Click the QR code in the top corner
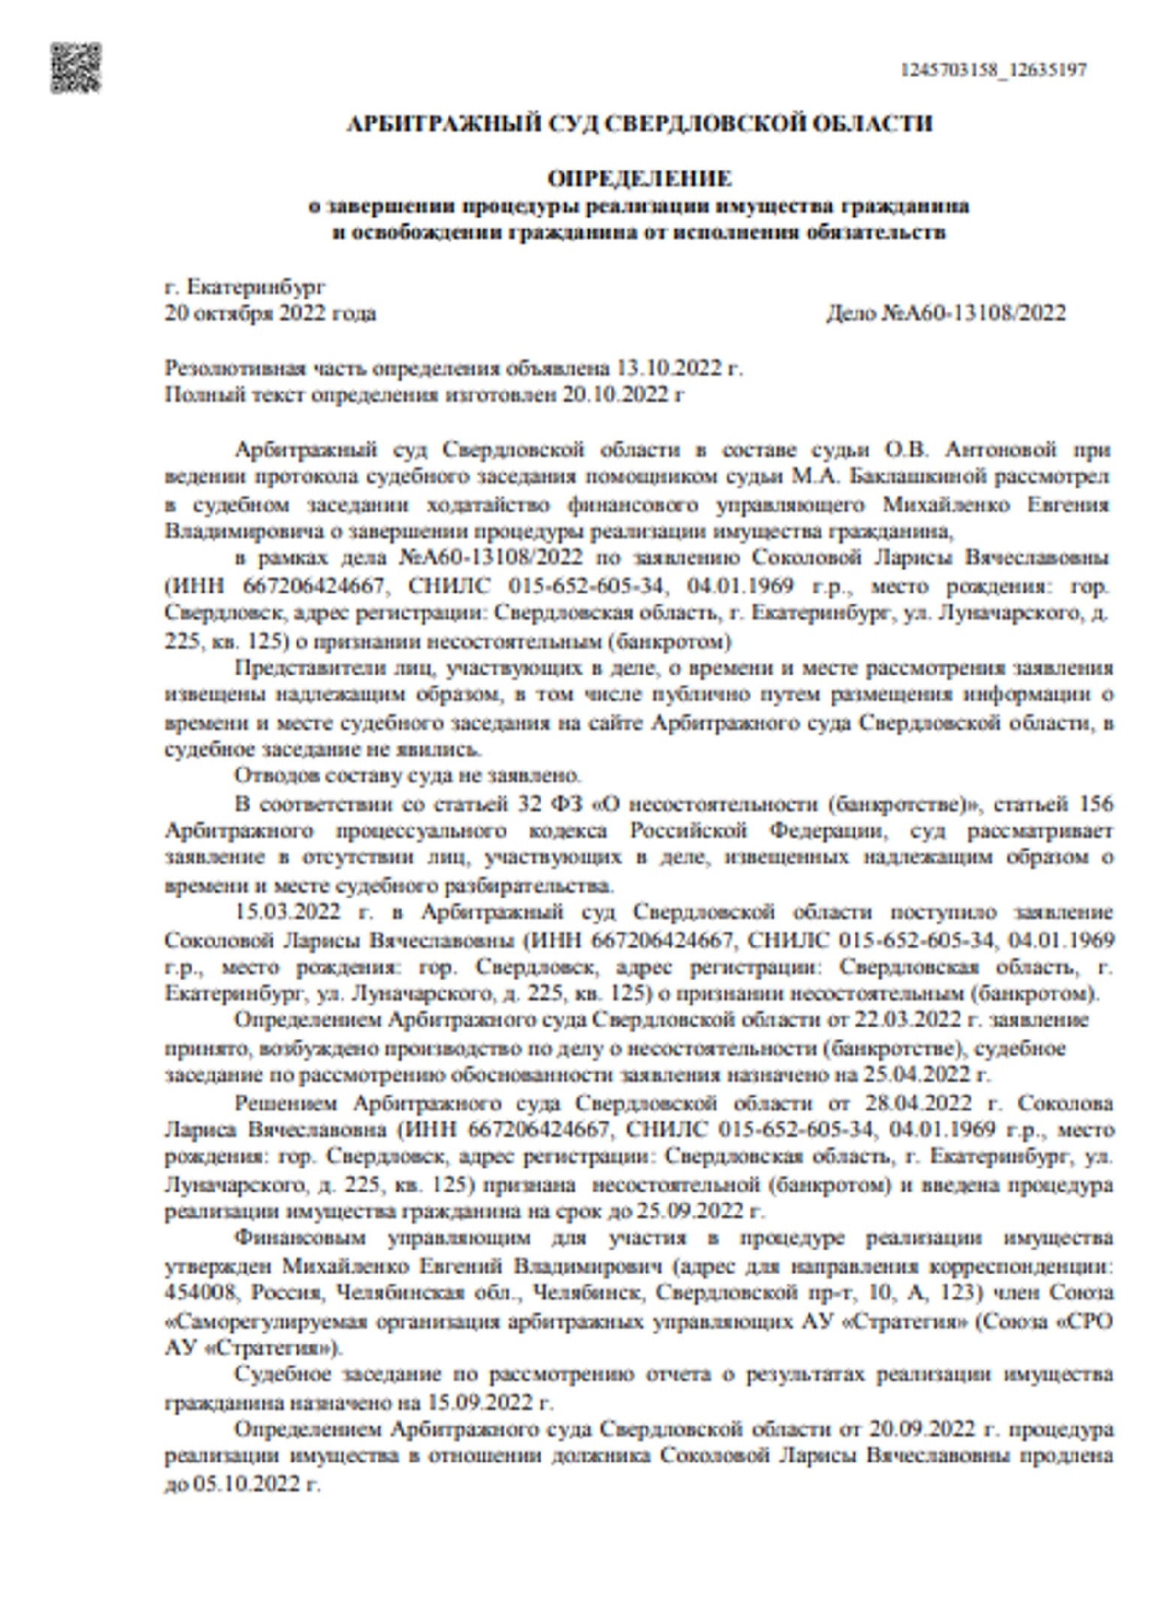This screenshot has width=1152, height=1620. (76, 68)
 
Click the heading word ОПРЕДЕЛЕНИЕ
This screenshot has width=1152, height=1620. (639, 179)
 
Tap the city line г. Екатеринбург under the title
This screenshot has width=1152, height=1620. (245, 286)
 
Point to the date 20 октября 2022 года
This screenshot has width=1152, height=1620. (270, 313)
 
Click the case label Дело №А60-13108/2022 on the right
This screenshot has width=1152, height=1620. (946, 313)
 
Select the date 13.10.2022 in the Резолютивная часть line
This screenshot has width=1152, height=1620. (669, 368)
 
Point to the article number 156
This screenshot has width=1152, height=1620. (1095, 804)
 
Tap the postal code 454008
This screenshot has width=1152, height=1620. (202, 1293)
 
